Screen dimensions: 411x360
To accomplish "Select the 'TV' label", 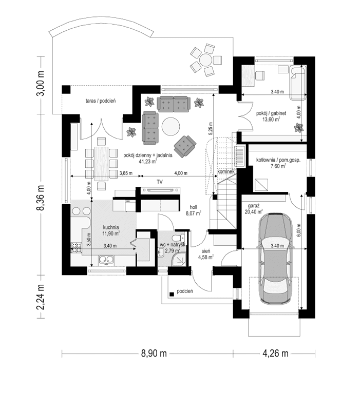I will point(160,182).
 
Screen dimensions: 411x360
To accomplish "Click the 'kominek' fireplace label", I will point(226,172).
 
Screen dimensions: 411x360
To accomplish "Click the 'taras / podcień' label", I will point(101,101).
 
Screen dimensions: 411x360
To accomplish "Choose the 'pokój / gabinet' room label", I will point(271,112).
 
